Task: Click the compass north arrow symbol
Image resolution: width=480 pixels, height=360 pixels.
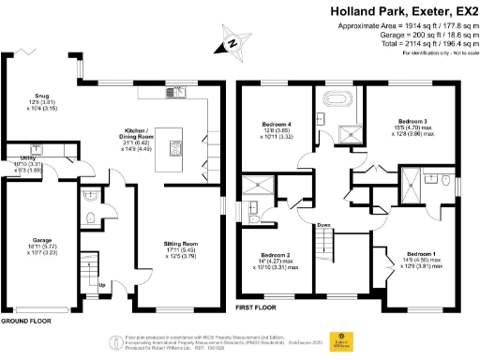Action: [232, 41]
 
